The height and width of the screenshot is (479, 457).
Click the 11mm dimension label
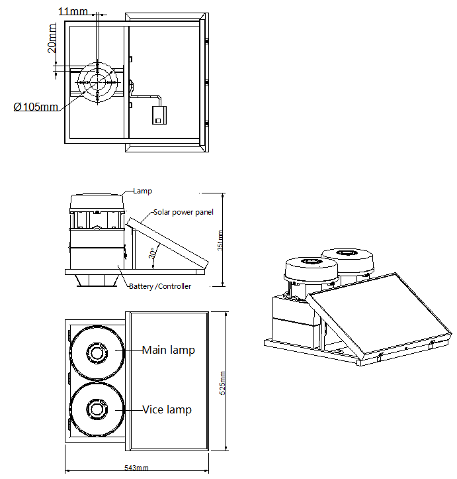pos(72,11)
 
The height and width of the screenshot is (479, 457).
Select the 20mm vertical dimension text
pos(52,38)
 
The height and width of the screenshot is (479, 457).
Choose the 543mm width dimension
pos(136,468)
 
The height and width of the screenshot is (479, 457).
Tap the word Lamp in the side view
pos(142,191)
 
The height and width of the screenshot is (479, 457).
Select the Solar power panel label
pos(183,212)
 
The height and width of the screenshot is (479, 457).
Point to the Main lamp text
pos(168,350)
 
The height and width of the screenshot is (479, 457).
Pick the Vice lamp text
pos(167,409)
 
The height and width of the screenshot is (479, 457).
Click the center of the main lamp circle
pos(97,352)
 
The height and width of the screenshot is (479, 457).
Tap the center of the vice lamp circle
pos(97,409)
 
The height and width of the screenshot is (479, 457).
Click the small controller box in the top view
pos(159,115)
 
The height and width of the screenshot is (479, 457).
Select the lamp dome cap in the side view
pos(97,201)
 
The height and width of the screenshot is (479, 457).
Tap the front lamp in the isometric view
pos(311,270)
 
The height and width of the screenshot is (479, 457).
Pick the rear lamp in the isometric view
pos(347,256)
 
